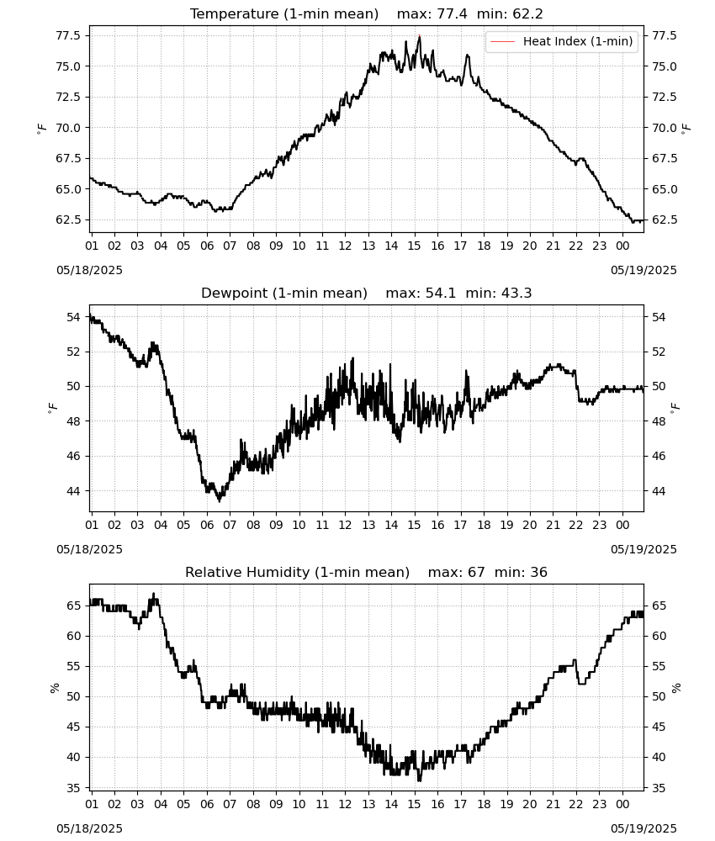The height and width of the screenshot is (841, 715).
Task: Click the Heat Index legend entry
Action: point(562,41)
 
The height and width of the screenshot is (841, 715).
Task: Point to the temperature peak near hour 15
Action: point(420,36)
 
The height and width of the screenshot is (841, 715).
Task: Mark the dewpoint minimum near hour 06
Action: point(219,500)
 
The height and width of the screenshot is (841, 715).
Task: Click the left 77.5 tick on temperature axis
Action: point(68,36)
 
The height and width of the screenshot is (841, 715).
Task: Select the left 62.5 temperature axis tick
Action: point(68,220)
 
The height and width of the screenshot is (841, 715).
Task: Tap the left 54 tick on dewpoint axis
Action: point(74,318)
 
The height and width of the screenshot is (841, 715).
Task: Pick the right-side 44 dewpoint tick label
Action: point(659,491)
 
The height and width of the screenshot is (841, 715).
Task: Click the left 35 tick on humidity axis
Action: point(74,788)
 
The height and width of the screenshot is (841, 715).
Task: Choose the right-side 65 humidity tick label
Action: point(659,606)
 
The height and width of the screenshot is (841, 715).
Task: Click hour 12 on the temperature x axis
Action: point(345,246)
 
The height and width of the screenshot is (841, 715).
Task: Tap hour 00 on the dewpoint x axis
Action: point(622,525)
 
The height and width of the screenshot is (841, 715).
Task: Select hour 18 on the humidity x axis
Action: point(484,804)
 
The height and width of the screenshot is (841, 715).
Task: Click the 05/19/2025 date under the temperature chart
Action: point(643,270)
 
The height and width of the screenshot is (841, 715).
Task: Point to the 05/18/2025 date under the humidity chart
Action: point(89,828)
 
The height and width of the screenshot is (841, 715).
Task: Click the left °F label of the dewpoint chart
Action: point(52,408)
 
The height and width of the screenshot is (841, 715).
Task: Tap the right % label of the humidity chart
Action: point(675,688)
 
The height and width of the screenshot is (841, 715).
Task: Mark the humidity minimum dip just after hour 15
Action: point(420,780)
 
